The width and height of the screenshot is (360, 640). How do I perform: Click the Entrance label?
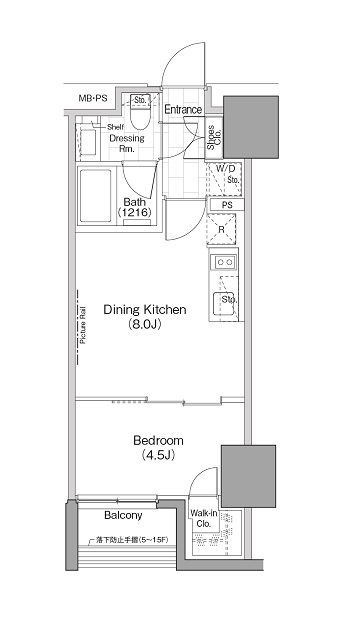pyautogui.click(x=183, y=110)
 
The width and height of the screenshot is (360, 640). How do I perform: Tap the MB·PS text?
pyautogui.click(x=96, y=98)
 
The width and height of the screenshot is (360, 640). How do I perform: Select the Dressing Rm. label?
pyautogui.click(x=126, y=143)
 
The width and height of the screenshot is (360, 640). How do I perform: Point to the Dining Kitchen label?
pyautogui.click(x=144, y=310)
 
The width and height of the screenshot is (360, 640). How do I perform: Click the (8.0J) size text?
pyautogui.click(x=144, y=325)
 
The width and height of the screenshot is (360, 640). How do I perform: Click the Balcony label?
pyautogui.click(x=123, y=516)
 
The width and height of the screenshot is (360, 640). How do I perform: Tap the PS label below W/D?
pyautogui.click(x=227, y=205)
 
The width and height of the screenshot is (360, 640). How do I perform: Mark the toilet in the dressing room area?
pyautogui.click(x=142, y=117)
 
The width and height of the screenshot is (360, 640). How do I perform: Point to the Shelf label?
pyautogui.click(x=117, y=126)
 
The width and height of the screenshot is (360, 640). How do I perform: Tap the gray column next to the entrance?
pyautogui.click(x=248, y=126)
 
